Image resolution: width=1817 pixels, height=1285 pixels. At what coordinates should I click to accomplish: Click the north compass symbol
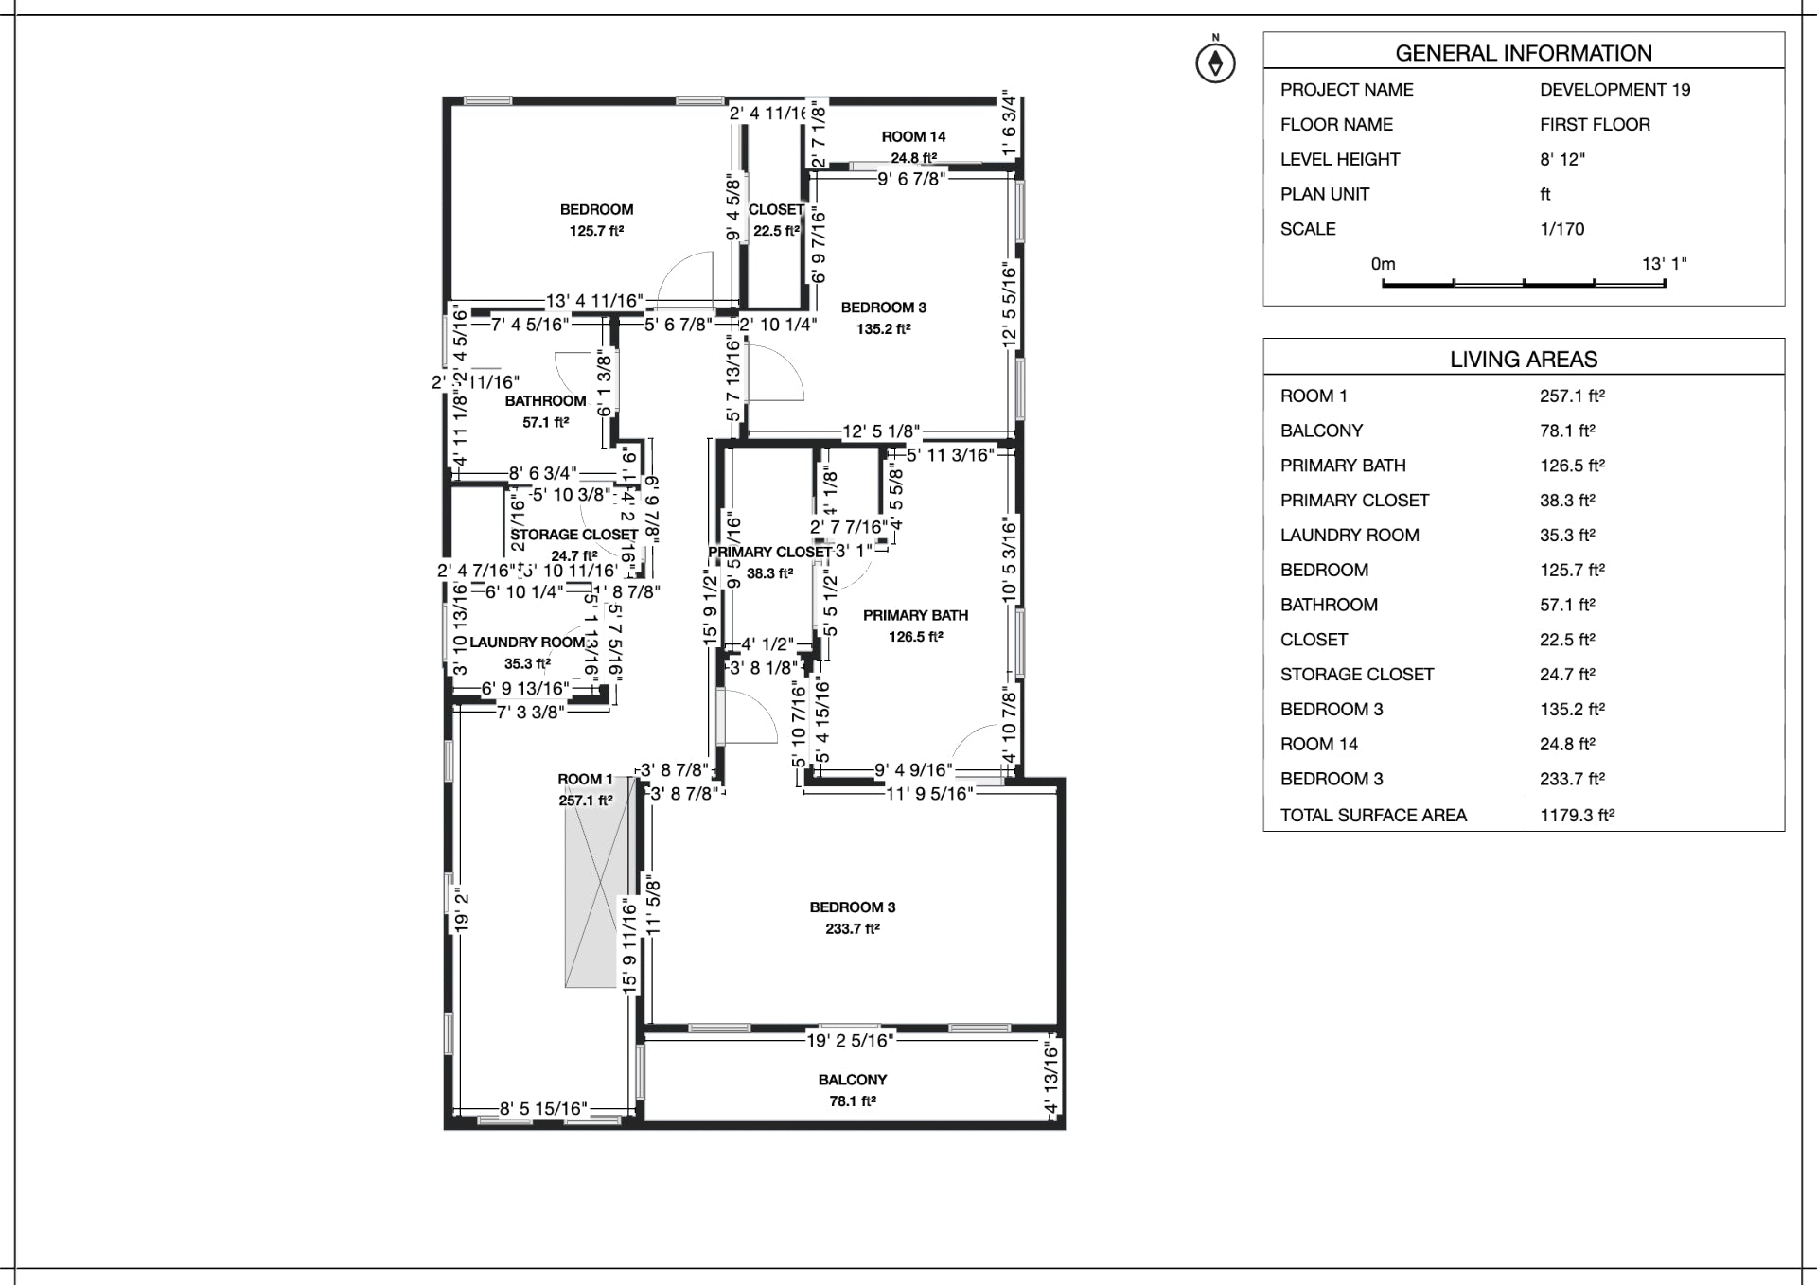1215,62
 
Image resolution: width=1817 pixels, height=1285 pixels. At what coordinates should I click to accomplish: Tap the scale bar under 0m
1523,282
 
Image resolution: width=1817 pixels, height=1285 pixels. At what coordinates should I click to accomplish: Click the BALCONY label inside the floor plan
853,1080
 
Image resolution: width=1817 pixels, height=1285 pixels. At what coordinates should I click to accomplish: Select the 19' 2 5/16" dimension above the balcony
850,1041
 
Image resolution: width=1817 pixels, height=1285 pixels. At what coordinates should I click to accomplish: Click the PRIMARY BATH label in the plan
915,615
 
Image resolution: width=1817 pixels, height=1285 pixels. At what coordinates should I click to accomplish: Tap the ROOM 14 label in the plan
913,136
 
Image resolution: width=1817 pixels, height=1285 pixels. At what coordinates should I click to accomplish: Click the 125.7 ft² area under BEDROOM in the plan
596,231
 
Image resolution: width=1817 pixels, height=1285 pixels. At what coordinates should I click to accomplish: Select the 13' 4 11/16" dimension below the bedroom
594,301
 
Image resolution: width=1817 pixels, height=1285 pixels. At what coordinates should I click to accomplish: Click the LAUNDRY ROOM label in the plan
527,642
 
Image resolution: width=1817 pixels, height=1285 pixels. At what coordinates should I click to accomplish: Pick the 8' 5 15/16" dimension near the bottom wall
543,1108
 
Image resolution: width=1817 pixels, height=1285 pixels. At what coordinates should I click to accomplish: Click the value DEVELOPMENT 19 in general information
1614,90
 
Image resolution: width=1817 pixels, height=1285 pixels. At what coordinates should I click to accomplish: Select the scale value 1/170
1561,229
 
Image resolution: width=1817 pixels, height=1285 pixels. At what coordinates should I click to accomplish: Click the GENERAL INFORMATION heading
1523,53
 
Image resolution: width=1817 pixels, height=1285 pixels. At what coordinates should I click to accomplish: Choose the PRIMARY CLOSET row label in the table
1354,501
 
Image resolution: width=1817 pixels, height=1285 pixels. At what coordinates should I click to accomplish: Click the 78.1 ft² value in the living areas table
1567,431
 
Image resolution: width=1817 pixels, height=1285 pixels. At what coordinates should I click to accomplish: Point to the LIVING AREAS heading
1523,359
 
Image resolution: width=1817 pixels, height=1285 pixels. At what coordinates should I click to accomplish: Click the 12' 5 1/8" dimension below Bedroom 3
881,432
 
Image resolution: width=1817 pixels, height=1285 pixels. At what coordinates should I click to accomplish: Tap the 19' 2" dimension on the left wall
462,908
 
